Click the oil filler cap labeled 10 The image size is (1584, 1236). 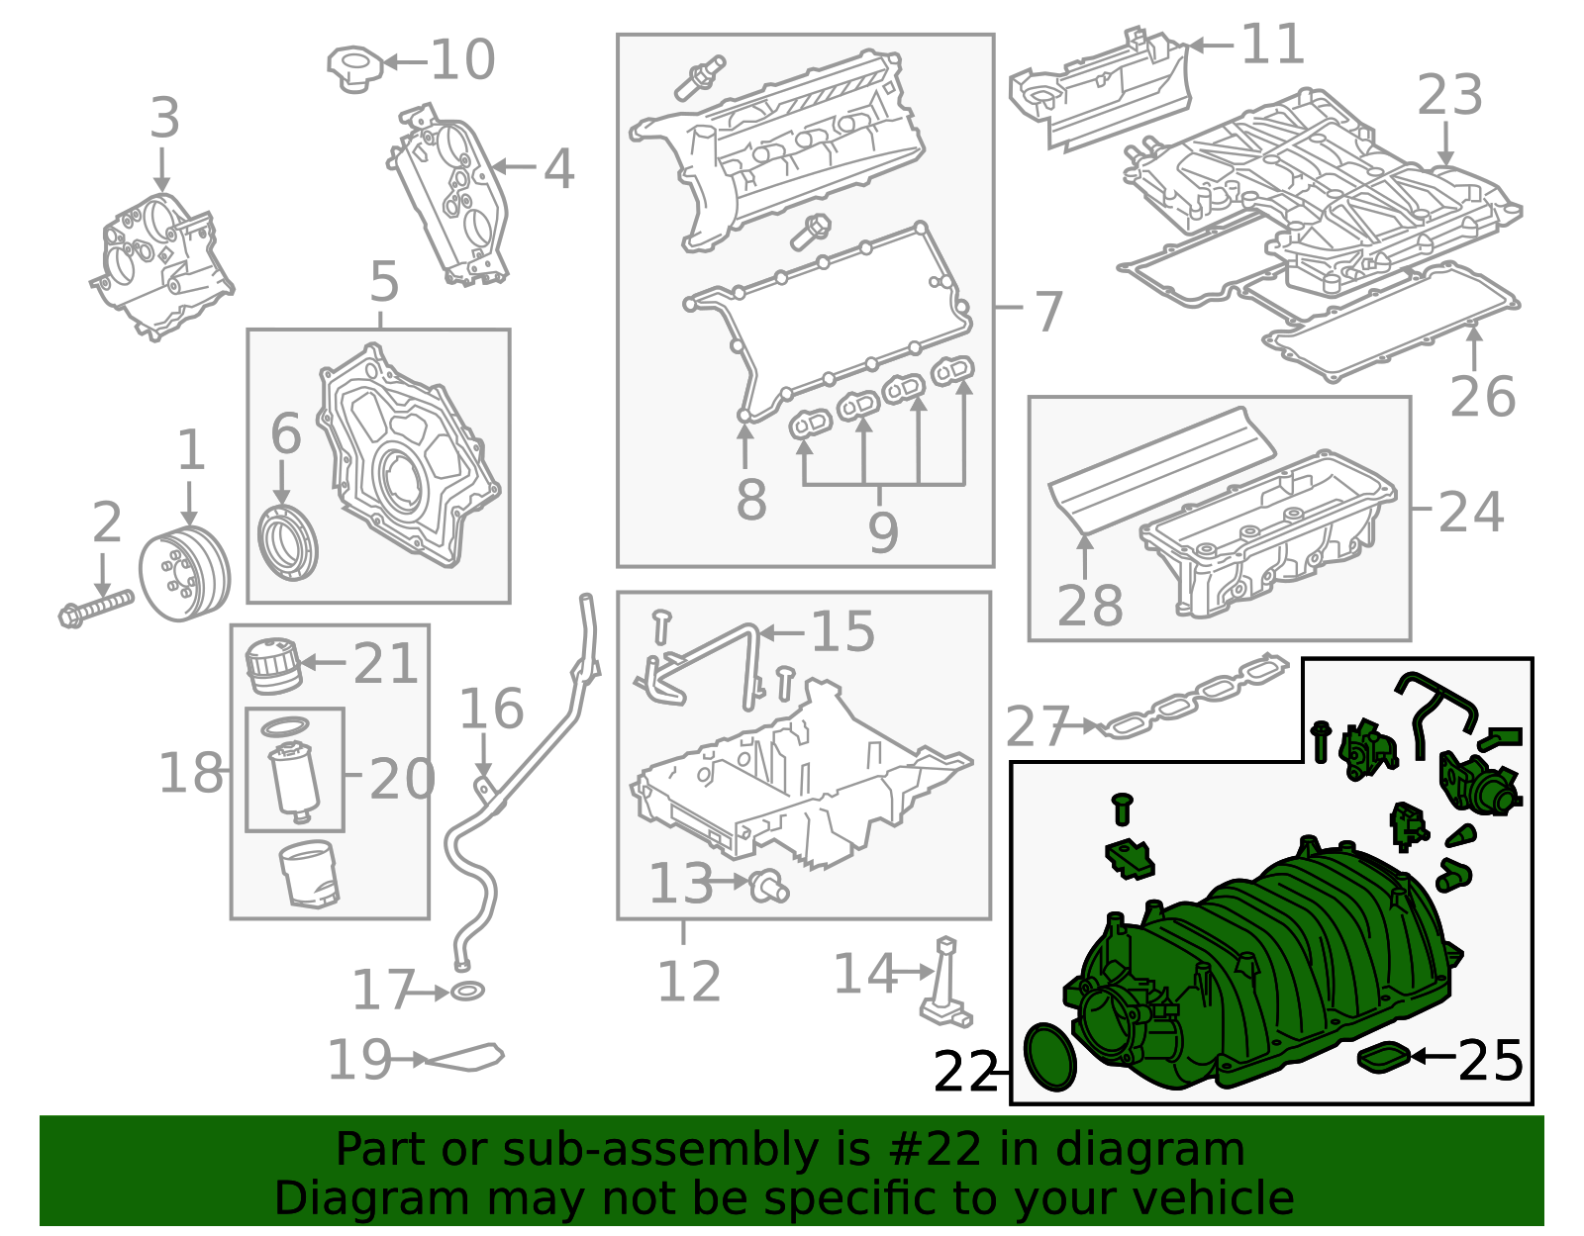354,67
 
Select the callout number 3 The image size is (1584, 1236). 164,118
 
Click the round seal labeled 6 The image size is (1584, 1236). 287,543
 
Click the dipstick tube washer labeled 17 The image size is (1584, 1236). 467,991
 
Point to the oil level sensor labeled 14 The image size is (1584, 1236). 943,985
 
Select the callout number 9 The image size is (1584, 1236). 882,531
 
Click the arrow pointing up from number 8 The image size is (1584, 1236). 744,445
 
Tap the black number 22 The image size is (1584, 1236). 966,1072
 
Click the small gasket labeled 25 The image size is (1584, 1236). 1383,1058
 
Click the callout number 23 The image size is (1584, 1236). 1449,95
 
